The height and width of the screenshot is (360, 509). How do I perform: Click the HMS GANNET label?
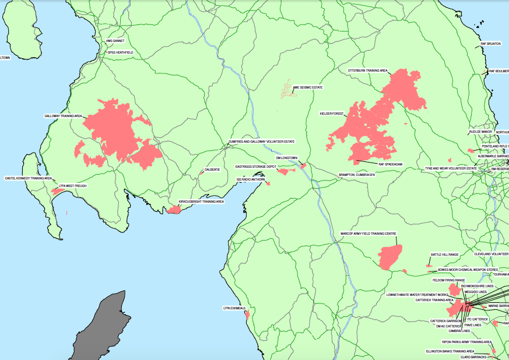click(x=115, y=41)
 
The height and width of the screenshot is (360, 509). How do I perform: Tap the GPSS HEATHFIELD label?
click(x=120, y=52)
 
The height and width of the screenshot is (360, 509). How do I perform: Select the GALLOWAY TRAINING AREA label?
click(x=63, y=116)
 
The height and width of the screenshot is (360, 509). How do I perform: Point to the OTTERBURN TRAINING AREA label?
click(x=368, y=70)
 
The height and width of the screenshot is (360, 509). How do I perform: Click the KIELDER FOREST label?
click(x=332, y=113)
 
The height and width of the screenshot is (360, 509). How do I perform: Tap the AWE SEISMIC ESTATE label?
click(x=308, y=87)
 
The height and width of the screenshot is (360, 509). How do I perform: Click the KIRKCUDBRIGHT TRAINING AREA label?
click(x=201, y=202)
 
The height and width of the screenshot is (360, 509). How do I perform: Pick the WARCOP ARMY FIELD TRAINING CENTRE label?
click(x=368, y=234)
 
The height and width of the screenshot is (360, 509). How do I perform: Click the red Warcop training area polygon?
click(x=389, y=257)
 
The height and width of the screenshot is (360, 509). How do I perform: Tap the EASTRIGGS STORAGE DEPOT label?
click(x=255, y=167)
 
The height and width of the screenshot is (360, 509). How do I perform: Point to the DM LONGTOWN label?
click(x=286, y=158)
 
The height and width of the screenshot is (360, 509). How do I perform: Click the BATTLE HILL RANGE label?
click(x=445, y=255)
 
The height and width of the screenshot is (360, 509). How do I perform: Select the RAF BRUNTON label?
click(x=490, y=44)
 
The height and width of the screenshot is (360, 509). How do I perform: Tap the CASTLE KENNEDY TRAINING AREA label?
click(x=29, y=178)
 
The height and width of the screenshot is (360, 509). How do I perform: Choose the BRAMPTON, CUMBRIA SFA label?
click(x=357, y=174)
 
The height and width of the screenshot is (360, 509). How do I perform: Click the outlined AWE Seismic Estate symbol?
click(x=286, y=89)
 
